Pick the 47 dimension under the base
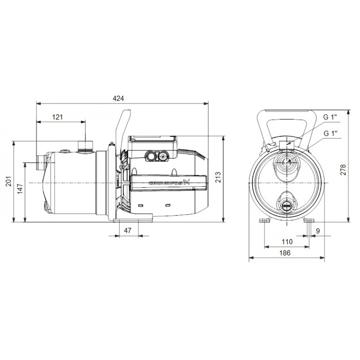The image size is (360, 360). pyautogui.click(x=128, y=230)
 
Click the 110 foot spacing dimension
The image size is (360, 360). pyautogui.click(x=287, y=242)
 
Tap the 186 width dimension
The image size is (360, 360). pyautogui.click(x=285, y=253)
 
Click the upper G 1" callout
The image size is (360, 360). pyautogui.click(x=330, y=117)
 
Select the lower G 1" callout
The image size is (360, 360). pyautogui.click(x=330, y=133)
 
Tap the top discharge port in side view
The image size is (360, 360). pyautogui.click(x=85, y=146)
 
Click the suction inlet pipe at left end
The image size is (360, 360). pyautogui.click(x=40, y=163)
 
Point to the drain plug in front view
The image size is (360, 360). pyautogui.click(x=287, y=205)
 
